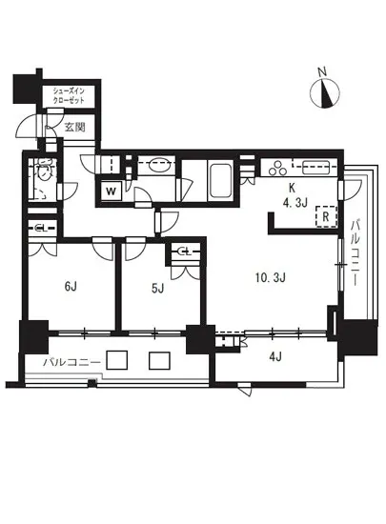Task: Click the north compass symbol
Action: click(x=324, y=91)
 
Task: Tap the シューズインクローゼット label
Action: click(x=69, y=95)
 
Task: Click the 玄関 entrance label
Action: click(x=75, y=128)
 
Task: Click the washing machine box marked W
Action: click(x=111, y=191)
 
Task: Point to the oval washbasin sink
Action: click(x=157, y=166)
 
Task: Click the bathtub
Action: click(x=220, y=179)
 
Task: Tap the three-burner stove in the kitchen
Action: click(x=278, y=168)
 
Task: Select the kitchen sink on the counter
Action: click(x=315, y=168)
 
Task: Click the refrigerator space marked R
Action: click(x=326, y=216)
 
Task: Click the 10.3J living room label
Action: click(x=270, y=277)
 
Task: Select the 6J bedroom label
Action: click(x=71, y=287)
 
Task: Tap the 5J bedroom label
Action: click(x=157, y=288)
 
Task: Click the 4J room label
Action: click(x=275, y=357)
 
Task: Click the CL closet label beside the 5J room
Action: click(x=185, y=252)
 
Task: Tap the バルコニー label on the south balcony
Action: click(x=72, y=362)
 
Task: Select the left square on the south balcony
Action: click(x=116, y=360)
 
